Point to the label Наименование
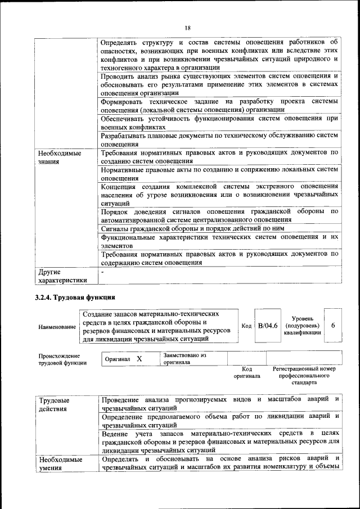tap(57, 327)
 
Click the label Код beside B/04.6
tap(246, 326)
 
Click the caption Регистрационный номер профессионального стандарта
tap(304, 376)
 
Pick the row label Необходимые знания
tap(58, 157)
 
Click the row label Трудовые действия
tap(54, 404)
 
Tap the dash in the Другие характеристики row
tap(102, 272)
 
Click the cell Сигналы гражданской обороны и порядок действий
tap(192, 229)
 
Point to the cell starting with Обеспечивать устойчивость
tap(219, 123)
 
